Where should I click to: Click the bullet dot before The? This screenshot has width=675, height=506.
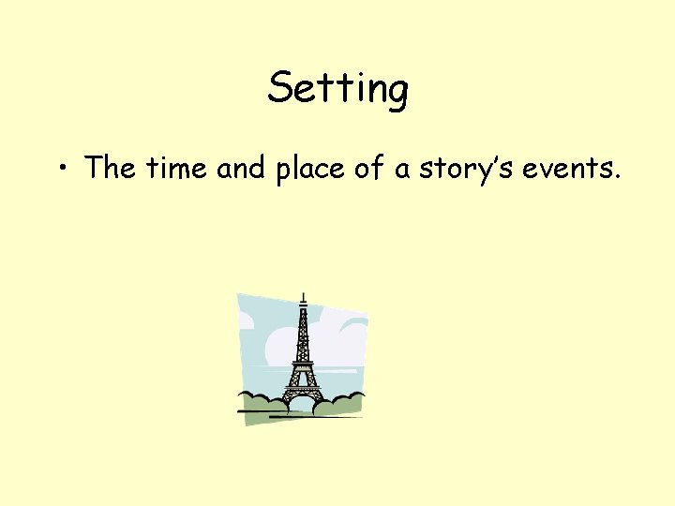[x=62, y=169]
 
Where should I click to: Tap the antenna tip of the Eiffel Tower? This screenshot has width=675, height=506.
[x=303, y=295]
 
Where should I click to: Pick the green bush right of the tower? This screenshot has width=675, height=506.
[x=339, y=404]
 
